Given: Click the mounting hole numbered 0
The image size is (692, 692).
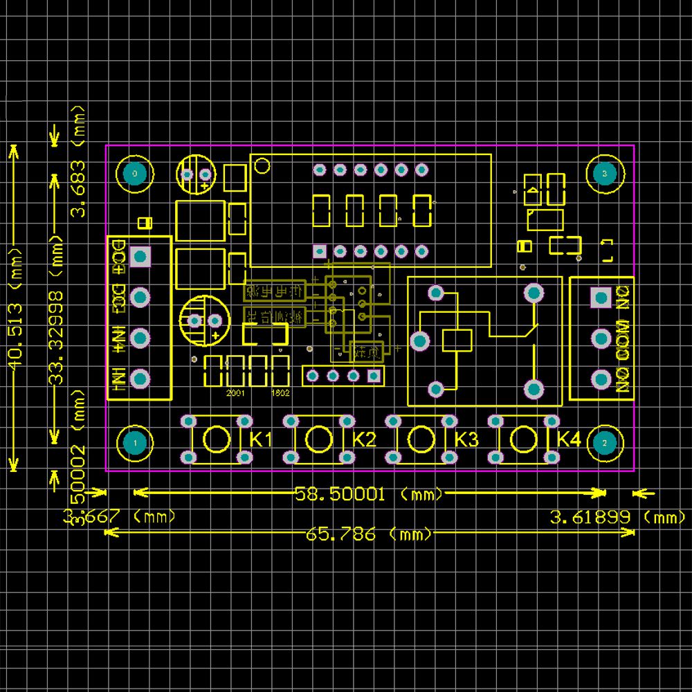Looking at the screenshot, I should point(134,173).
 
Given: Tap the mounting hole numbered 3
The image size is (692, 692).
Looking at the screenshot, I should point(604,173).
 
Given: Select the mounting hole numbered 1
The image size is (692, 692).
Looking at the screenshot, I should point(134,443).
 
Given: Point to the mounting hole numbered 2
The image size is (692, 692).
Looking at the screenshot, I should point(604,443).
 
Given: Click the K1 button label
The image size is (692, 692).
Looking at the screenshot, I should point(261,439).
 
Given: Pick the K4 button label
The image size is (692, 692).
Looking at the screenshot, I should point(568,439).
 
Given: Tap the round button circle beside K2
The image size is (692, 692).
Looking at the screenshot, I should point(318,439).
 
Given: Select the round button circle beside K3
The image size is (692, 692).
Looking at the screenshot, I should point(421,439).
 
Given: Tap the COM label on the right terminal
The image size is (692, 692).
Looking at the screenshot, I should point(623,339).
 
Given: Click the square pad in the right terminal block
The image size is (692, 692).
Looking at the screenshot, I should point(599,298).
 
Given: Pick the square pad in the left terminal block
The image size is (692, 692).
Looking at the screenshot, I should point(140,257).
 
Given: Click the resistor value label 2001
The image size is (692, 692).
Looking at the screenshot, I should point(235,392).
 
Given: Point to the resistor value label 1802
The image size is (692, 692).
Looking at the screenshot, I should point(280,392).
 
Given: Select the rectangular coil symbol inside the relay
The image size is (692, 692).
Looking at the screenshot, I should point(457,340).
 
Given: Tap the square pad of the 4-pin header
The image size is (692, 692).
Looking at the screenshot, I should point(374,376).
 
